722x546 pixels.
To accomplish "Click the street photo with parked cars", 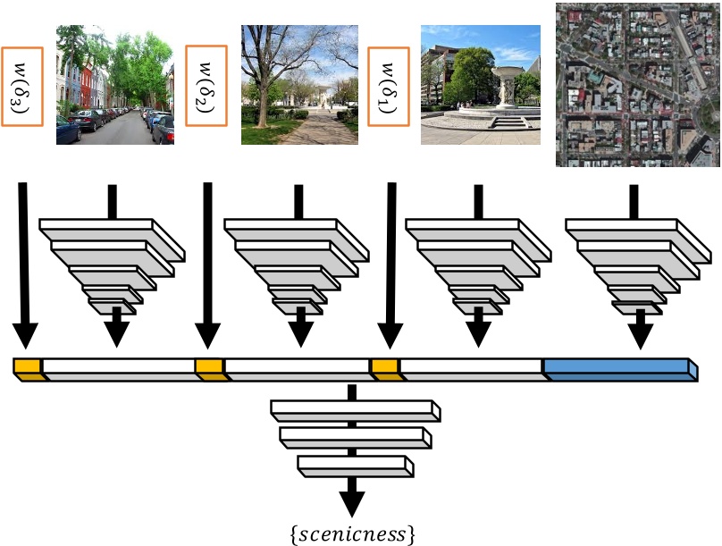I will coord(114,85).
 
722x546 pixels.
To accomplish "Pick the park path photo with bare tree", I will coord(299,85).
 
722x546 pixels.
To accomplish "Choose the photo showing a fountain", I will coord(481,85).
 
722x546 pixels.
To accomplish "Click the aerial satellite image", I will coord(637,85).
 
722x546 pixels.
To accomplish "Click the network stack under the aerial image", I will coord(637,264).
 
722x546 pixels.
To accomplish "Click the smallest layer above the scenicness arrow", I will coord(355,466).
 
